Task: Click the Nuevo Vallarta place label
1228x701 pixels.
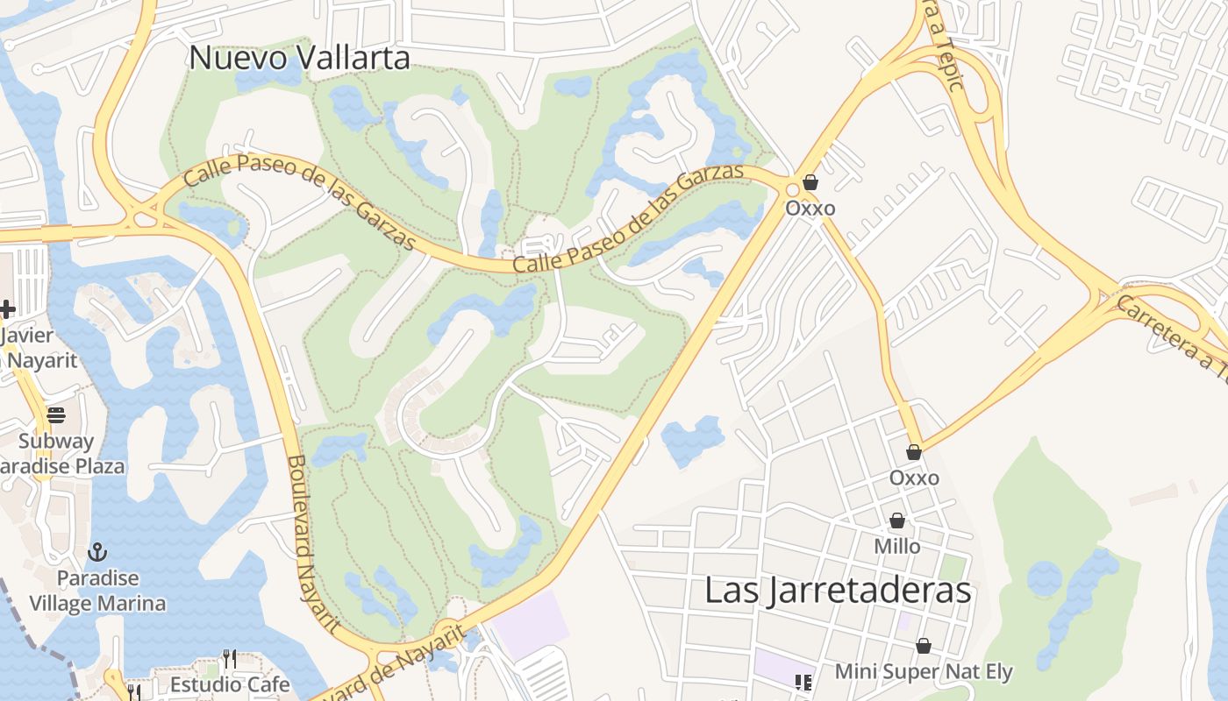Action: (300, 58)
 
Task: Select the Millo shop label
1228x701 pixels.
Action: (897, 546)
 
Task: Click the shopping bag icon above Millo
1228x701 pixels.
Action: (897, 521)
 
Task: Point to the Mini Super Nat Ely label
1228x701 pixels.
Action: (924, 672)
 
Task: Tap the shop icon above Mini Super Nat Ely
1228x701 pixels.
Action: (924, 647)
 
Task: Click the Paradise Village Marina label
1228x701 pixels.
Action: (97, 591)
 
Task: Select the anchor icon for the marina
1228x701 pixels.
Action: (97, 552)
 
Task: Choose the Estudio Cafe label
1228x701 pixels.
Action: (230, 683)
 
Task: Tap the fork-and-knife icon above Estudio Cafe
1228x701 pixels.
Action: (230, 658)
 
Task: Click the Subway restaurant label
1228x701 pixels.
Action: (56, 441)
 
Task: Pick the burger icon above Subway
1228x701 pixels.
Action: (56, 415)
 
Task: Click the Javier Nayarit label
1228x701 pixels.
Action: (39, 348)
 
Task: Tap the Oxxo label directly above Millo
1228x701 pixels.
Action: (914, 478)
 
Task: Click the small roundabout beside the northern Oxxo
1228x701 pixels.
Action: (793, 189)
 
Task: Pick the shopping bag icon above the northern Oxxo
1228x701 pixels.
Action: (810, 182)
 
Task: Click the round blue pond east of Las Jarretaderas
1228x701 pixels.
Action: (1044, 579)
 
